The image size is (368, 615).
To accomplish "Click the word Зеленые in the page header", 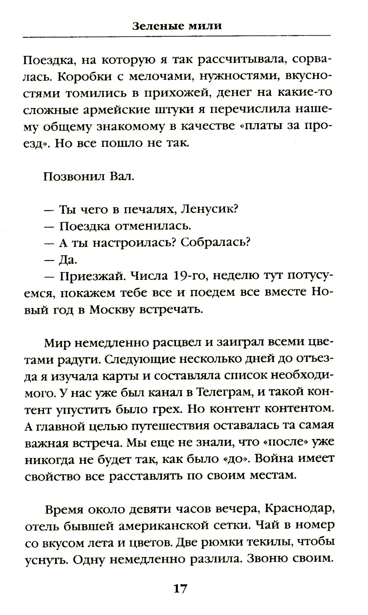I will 154,26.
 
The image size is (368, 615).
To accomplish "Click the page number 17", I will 180,589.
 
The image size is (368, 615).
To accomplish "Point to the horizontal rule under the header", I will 177,36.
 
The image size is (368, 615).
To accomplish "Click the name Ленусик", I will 210,209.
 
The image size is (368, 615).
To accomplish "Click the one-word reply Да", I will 68,260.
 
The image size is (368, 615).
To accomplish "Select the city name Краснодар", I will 299,509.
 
